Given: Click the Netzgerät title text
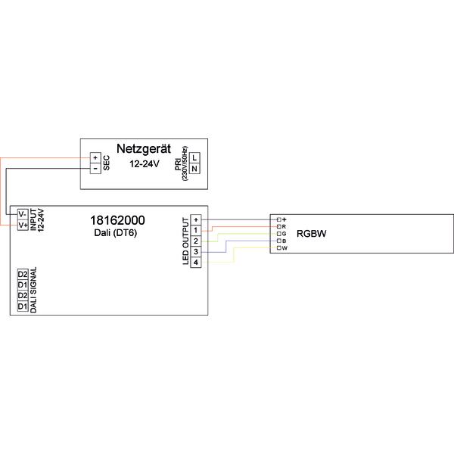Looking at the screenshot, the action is tap(144, 149).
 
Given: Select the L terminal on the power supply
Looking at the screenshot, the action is tap(194, 158).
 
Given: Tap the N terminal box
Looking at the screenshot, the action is tap(194, 168).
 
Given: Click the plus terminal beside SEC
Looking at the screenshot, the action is tap(95, 158).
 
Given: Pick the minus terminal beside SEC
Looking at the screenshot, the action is tap(95, 169).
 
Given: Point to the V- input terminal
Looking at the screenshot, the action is tap(23, 214).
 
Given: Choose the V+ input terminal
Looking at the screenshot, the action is tap(23, 225).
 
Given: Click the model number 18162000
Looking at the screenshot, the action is tap(117, 220).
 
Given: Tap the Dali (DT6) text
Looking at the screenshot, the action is tap(115, 233).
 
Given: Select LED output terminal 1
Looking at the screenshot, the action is tap(196, 231).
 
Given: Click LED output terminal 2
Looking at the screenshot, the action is tap(196, 241).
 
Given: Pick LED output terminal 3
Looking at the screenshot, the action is tap(196, 252).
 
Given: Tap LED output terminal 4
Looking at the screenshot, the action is tap(196, 262).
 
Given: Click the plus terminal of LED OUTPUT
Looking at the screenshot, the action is tap(196, 220).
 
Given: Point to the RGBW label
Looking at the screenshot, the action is tap(312, 233).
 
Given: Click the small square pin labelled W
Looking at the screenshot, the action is tap(278, 248).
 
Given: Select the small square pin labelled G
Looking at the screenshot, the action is tap(278, 234).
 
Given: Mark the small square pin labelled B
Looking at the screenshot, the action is tap(278, 241).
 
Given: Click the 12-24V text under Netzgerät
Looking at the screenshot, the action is tap(145, 164).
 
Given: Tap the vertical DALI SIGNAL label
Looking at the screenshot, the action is tap(33, 290).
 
